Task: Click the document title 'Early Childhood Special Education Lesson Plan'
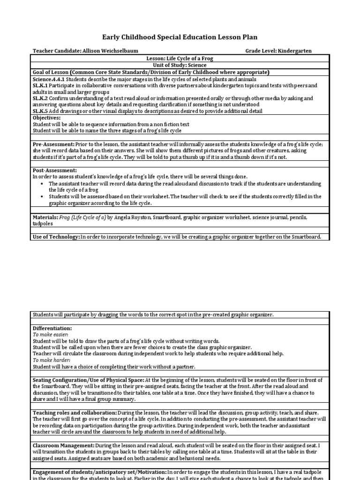pyautogui.click(x=180, y=37)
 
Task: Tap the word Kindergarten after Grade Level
pyautogui.click(x=294, y=51)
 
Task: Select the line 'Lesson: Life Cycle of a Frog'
pyautogui.click(x=180, y=58)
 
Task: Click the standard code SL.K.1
pyautogui.click(x=40, y=86)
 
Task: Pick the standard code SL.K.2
pyautogui.click(x=40, y=98)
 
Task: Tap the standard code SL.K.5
pyautogui.click(x=40, y=111)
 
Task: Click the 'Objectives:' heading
pyautogui.click(x=47, y=118)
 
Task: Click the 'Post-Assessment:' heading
pyautogui.click(x=55, y=170)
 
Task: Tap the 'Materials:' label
pyautogui.click(x=45, y=217)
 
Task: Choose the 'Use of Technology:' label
pyautogui.click(x=56, y=237)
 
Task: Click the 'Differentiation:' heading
pyautogui.click(x=52, y=329)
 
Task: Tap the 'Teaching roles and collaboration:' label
pyautogui.click(x=75, y=412)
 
